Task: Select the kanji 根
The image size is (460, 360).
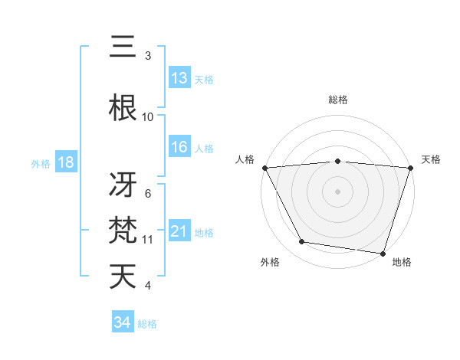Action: click(123, 107)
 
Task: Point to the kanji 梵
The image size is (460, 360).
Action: click(123, 230)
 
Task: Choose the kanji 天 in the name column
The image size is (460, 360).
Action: click(123, 277)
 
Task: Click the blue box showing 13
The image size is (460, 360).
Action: click(179, 77)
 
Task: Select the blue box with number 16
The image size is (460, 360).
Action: click(179, 147)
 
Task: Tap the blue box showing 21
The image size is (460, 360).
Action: click(179, 231)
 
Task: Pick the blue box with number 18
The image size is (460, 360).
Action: click(65, 163)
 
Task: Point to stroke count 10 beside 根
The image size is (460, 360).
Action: click(148, 117)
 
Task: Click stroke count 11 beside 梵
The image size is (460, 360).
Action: click(148, 240)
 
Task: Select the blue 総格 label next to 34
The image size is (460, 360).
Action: click(147, 324)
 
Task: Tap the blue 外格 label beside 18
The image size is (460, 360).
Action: click(41, 164)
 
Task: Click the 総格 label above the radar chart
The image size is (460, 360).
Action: click(338, 100)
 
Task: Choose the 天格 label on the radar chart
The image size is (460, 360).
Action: click(431, 159)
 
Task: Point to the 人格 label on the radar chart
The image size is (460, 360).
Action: click(245, 159)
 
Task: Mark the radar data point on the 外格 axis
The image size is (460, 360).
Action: click(302, 242)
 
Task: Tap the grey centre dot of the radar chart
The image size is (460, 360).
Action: click(338, 191)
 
